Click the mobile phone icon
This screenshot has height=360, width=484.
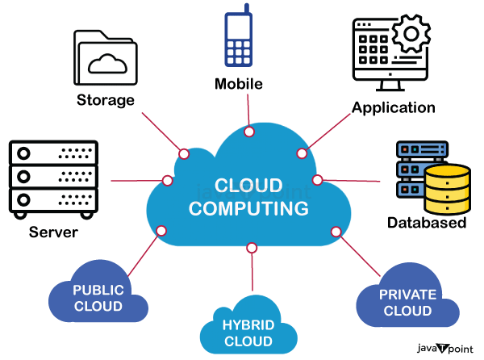pos(240,40)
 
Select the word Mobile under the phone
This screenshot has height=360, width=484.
pos(240,83)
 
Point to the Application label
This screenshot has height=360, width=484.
pos(394,107)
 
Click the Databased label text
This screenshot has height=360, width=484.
pos(426,223)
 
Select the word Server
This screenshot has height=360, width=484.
pos(53,232)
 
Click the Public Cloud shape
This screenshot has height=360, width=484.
pos(98,298)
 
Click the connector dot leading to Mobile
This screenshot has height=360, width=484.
pos(249,132)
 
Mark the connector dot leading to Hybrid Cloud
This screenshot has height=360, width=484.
pos(252,246)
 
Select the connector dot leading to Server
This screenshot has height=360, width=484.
pos(168,180)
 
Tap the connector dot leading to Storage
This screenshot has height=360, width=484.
pos(184,153)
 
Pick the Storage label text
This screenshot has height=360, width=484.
pos(106,101)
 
